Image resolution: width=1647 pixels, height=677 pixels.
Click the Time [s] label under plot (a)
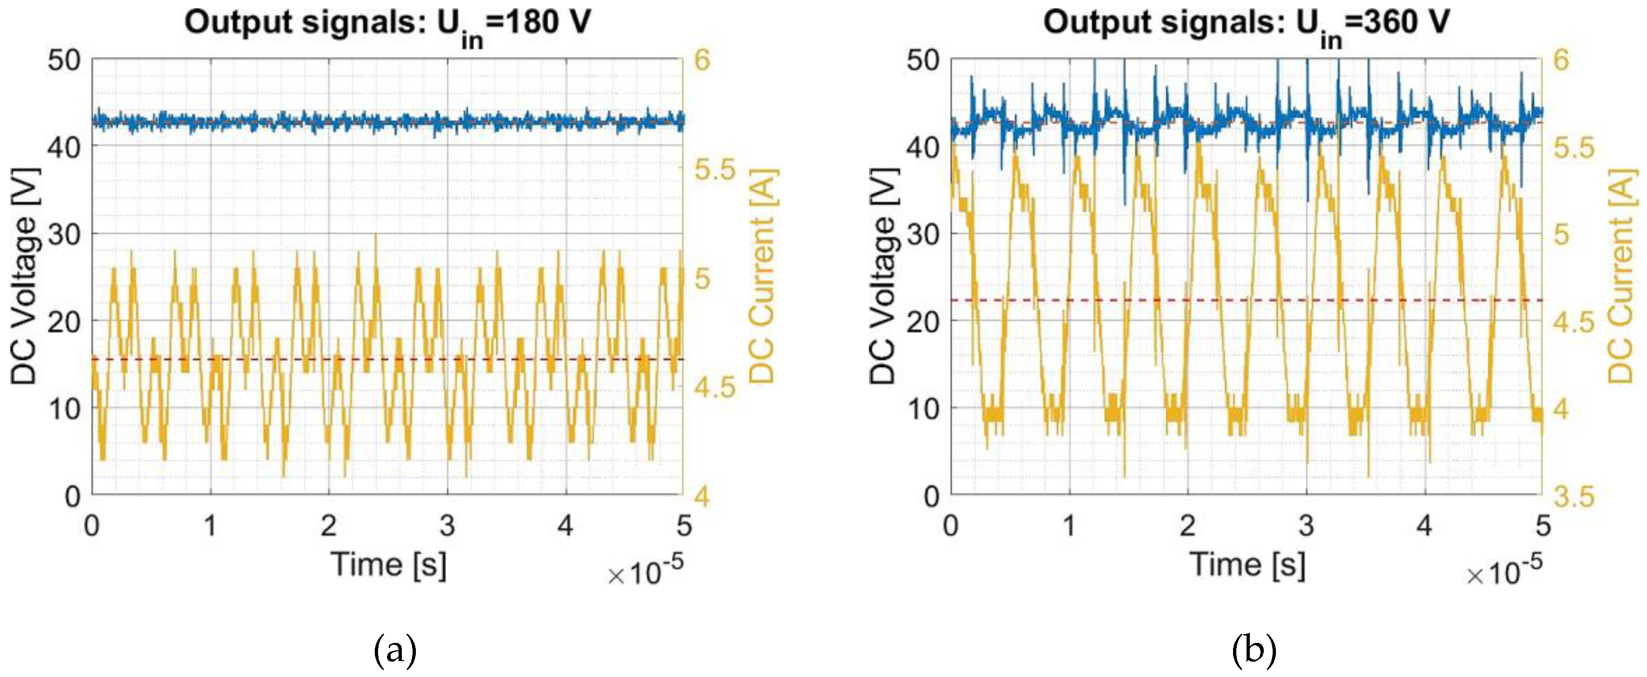(x=388, y=565)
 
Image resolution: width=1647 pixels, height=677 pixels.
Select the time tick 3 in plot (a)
(x=448, y=526)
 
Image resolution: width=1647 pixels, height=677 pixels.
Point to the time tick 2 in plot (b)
(x=1188, y=526)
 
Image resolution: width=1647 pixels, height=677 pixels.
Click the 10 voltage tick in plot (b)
(x=923, y=408)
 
